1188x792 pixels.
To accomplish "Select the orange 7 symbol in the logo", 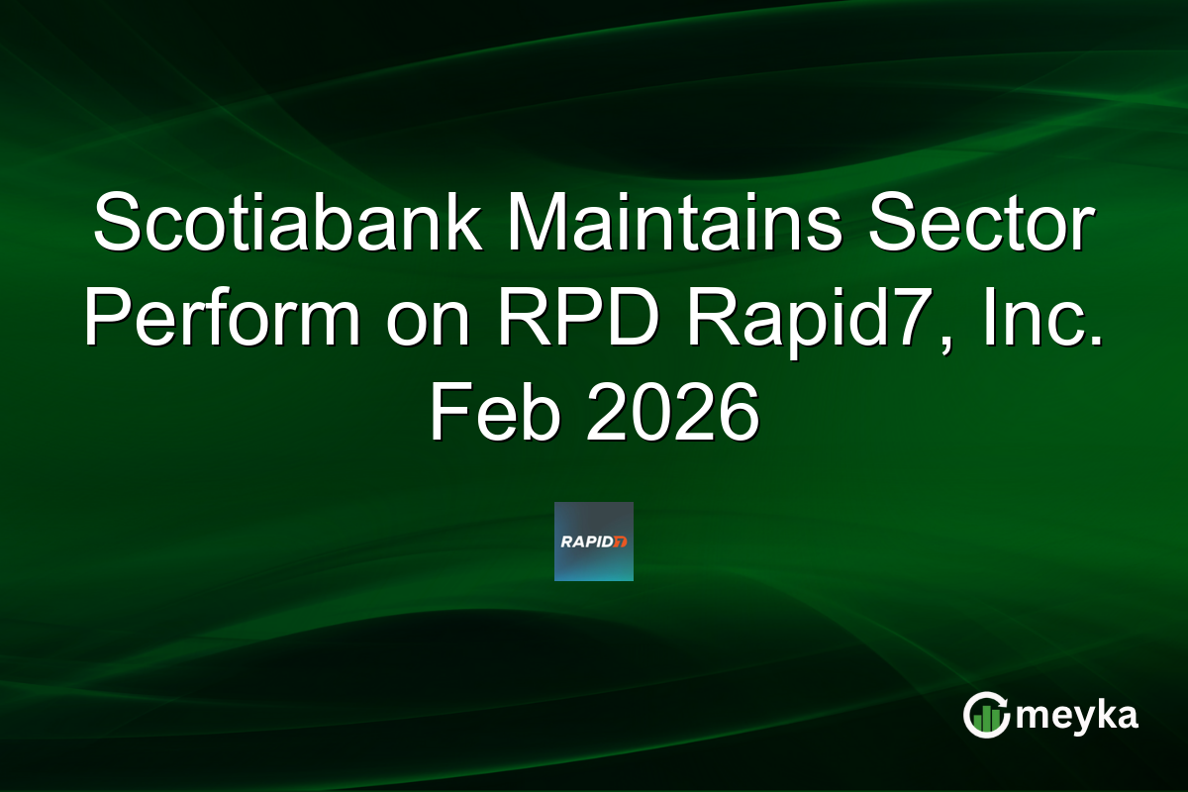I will (x=621, y=542).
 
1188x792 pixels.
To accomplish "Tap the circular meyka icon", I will (x=986, y=715).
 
